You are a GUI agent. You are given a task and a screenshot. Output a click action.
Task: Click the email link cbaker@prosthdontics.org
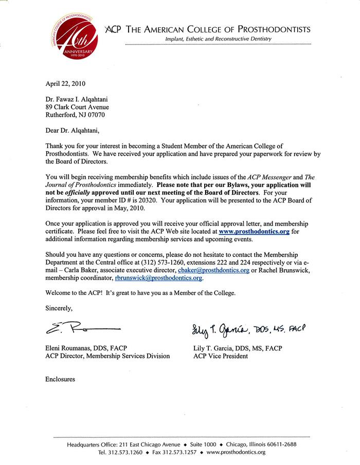(213, 270)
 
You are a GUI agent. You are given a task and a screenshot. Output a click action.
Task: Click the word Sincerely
(59, 308)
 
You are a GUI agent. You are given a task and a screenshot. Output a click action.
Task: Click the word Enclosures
(60, 379)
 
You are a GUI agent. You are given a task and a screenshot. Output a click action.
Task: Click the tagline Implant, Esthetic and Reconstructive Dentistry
(218, 39)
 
